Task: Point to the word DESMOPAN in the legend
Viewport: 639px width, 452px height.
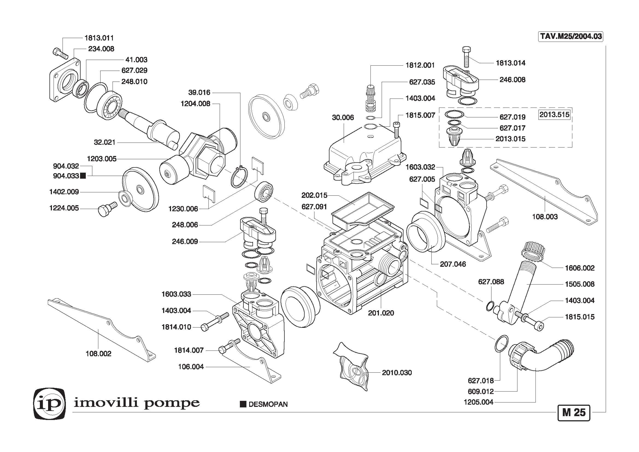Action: (x=268, y=404)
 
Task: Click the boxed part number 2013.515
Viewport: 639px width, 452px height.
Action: (x=554, y=115)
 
